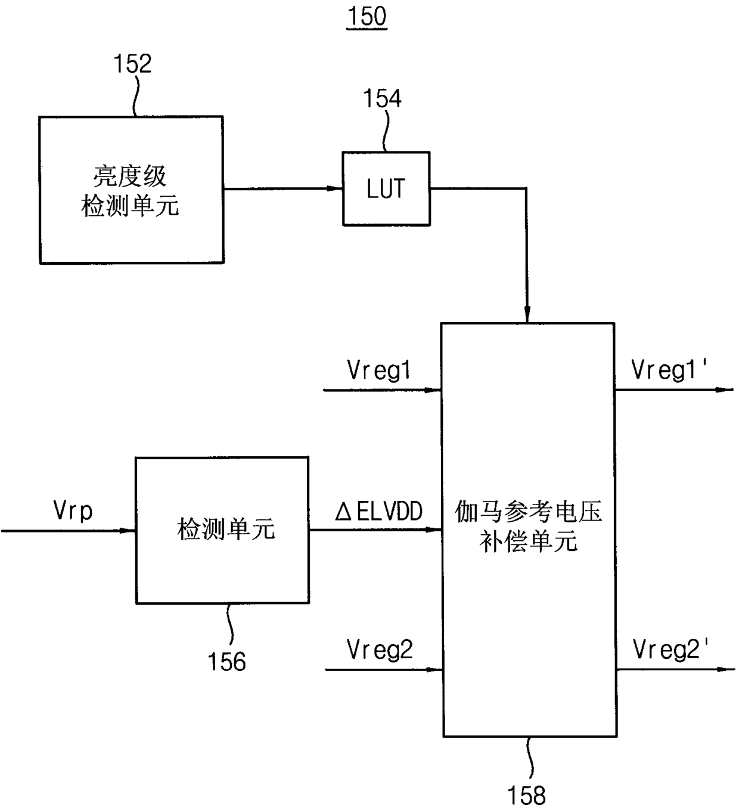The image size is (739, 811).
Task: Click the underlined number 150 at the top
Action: pos(367,17)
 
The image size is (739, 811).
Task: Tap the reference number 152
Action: pos(132,63)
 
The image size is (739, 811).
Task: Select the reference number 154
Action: pos(382,98)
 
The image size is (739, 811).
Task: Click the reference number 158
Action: pos(526,795)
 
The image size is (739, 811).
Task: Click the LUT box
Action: pos(386,188)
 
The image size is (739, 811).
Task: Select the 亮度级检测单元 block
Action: pos(131,190)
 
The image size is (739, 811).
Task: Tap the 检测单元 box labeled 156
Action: pos(222,530)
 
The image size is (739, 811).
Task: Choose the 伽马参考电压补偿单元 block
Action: pos(529,530)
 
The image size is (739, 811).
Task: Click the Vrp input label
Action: pos(73,511)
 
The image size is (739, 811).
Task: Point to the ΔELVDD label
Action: pos(378,511)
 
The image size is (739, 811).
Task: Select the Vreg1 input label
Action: pos(378,370)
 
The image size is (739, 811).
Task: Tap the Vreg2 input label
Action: pos(380,650)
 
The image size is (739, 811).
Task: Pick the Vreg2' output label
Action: pos(670,649)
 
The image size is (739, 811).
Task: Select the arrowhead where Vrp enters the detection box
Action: pos(128,530)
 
